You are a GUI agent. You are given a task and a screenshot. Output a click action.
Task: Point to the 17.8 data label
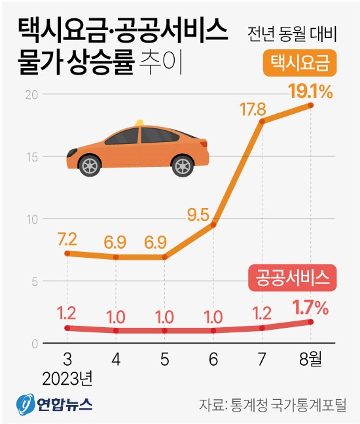click(x=261, y=106)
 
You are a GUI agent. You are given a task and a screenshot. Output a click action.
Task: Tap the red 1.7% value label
click(x=310, y=305)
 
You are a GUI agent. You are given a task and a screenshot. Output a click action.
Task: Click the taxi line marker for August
click(x=311, y=105)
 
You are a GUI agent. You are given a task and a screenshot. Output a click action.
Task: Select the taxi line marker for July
click(x=262, y=121)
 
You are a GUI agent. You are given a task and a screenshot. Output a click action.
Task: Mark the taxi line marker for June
click(x=213, y=224)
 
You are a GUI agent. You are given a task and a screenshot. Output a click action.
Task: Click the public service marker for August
click(x=311, y=322)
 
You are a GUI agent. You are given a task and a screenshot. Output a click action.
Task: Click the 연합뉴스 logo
click(x=55, y=402)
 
